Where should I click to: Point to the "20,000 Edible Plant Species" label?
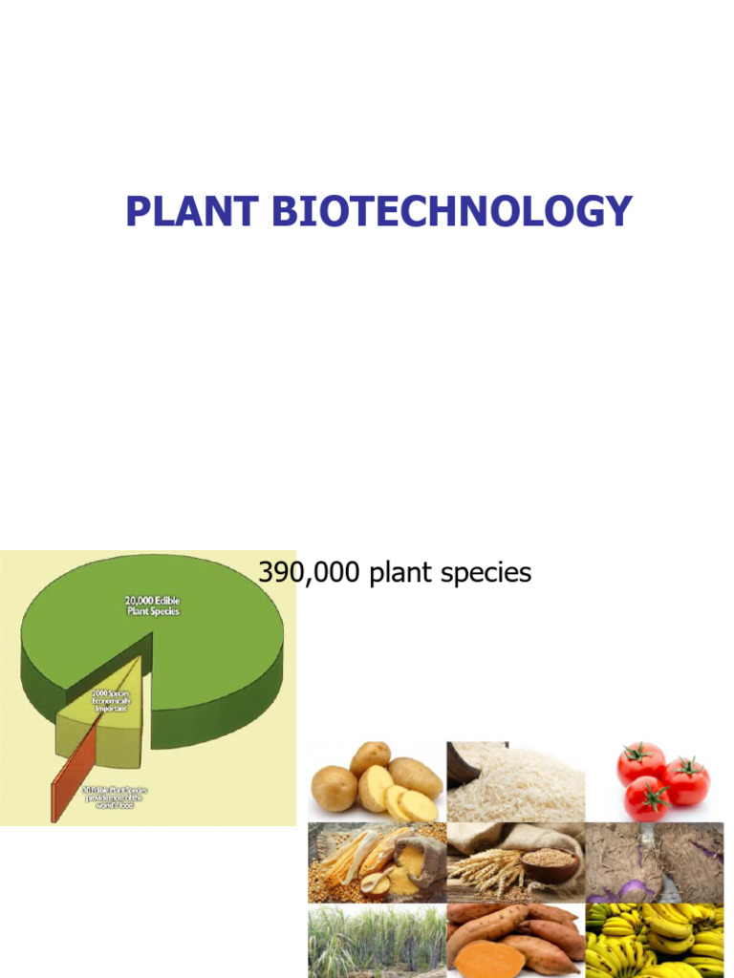(x=153, y=605)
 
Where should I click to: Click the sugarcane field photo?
(x=377, y=941)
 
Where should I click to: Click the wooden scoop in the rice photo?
(x=474, y=758)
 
